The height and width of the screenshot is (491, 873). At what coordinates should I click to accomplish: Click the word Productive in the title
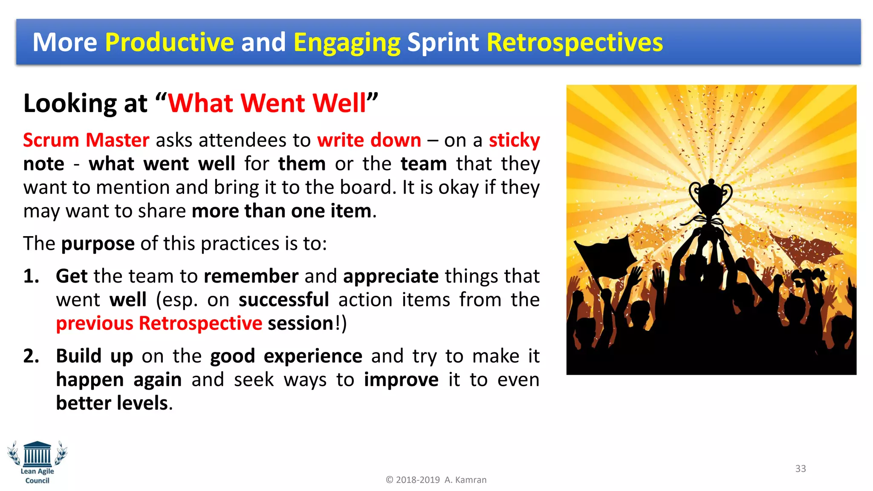tap(169, 42)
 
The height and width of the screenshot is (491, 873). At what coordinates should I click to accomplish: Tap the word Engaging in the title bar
tap(347, 42)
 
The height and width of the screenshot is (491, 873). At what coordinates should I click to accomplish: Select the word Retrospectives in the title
tap(574, 42)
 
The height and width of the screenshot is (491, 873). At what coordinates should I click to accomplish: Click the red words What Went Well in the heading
tap(267, 103)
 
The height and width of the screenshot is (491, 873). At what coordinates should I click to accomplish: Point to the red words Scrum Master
tap(86, 140)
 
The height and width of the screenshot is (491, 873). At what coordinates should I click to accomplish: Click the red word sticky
tap(514, 140)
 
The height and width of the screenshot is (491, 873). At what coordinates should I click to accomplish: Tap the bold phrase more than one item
tap(281, 211)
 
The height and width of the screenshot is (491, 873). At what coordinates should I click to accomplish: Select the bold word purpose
tap(98, 244)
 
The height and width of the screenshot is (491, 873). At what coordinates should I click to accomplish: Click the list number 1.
tap(31, 276)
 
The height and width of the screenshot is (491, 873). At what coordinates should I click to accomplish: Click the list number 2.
tap(31, 356)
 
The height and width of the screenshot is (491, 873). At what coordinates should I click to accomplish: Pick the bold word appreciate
tap(390, 276)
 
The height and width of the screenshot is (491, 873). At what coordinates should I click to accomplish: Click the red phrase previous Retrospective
tap(159, 323)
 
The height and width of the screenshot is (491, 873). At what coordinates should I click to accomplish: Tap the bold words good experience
tap(286, 356)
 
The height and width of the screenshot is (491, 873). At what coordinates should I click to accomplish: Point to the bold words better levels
tap(112, 403)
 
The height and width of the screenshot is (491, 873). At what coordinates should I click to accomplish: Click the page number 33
tap(800, 468)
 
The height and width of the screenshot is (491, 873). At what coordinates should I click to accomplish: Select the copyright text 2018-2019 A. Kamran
tap(436, 480)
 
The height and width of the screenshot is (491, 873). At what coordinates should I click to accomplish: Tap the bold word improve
tap(401, 380)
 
